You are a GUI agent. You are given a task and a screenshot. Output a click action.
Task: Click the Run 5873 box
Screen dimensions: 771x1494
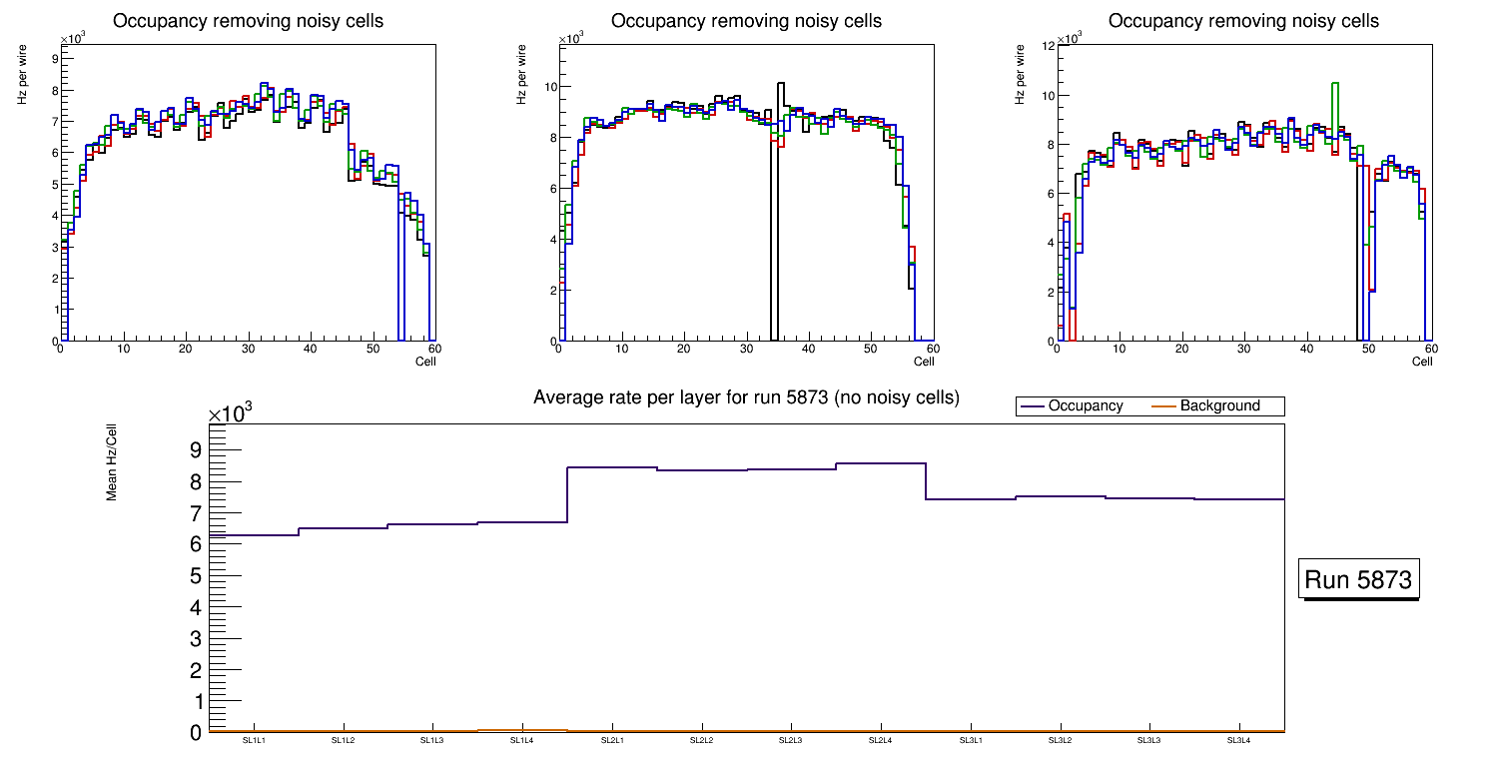1360,580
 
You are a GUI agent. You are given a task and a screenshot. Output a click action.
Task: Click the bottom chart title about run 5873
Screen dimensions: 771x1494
746,397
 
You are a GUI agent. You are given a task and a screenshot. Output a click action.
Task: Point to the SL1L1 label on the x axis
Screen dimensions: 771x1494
255,740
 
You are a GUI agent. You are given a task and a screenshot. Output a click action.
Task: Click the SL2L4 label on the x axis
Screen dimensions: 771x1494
880,740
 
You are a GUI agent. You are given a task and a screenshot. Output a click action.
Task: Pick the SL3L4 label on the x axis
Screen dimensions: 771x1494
1238,740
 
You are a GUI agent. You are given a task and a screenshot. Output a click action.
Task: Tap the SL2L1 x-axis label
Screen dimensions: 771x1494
612,740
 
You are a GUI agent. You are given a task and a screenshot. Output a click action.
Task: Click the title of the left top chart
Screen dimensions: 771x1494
248,21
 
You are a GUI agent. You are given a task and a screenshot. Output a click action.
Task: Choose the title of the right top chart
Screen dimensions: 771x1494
1243,21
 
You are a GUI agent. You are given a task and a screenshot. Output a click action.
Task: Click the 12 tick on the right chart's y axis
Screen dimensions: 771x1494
1049,46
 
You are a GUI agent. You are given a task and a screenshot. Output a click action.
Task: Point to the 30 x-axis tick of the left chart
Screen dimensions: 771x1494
247,349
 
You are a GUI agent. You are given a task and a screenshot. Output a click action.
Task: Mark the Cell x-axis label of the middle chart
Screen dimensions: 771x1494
924,362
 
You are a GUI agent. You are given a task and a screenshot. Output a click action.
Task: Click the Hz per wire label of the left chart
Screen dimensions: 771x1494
22,78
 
